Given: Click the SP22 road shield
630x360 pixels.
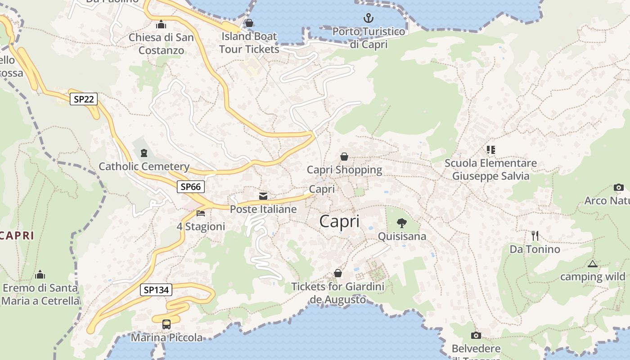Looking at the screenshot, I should point(84,99).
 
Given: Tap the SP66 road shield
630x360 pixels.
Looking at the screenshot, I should point(191,187).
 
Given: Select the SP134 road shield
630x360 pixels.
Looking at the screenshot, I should point(156,290).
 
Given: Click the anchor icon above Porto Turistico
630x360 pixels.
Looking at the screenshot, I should point(369,18).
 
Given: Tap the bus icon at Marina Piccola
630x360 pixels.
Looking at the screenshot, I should point(166,324).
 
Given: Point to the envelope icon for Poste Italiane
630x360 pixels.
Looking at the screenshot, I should point(263,196).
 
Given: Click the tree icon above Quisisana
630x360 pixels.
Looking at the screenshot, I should point(401,223).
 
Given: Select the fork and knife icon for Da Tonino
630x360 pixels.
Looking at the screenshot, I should point(535,236).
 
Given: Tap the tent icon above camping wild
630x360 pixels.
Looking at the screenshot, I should point(592,264).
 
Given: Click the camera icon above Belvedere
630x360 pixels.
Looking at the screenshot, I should point(476,335).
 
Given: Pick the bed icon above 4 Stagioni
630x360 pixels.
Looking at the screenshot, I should point(201,213).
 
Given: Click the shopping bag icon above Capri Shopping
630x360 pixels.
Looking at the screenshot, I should point(344,157).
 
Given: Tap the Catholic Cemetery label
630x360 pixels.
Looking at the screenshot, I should point(144,166).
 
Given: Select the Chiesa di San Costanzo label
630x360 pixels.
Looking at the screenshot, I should point(161,44).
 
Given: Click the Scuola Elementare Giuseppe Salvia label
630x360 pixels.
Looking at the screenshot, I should point(490,169).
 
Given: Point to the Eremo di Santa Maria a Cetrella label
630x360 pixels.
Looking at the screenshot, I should point(40,294).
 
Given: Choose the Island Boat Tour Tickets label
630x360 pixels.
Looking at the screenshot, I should point(249,42).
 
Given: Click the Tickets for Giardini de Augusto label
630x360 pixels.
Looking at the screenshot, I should point(337,293).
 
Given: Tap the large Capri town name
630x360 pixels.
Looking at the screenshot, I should point(339,221).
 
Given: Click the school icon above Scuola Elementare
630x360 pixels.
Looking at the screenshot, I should point(490,149).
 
